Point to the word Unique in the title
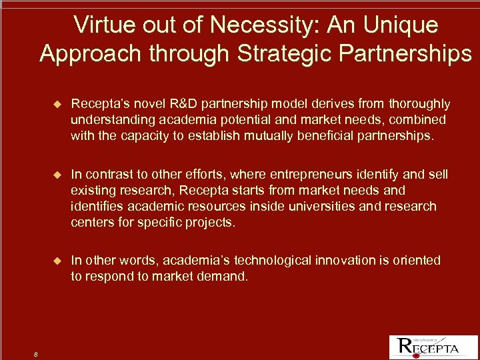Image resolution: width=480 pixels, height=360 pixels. click(401, 25)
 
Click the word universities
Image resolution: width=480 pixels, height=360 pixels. click(321, 207)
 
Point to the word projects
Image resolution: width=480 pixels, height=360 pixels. click(211, 223)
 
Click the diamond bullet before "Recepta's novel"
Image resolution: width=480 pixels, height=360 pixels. click(57, 105)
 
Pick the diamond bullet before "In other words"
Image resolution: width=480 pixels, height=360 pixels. click(57, 261)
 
